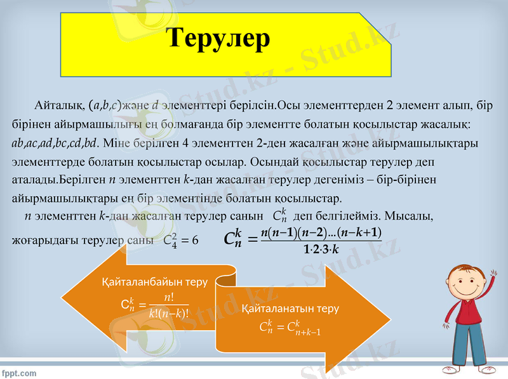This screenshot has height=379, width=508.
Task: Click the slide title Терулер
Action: pyautogui.click(x=219, y=38)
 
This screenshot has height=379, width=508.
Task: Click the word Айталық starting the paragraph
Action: pyautogui.click(x=56, y=104)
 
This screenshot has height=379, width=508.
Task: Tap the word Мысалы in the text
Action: pyautogui.click(x=410, y=216)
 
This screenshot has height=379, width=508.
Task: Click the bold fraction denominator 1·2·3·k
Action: pyautogui.click(x=322, y=249)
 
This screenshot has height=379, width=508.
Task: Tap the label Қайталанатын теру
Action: pyautogui.click(x=290, y=309)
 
